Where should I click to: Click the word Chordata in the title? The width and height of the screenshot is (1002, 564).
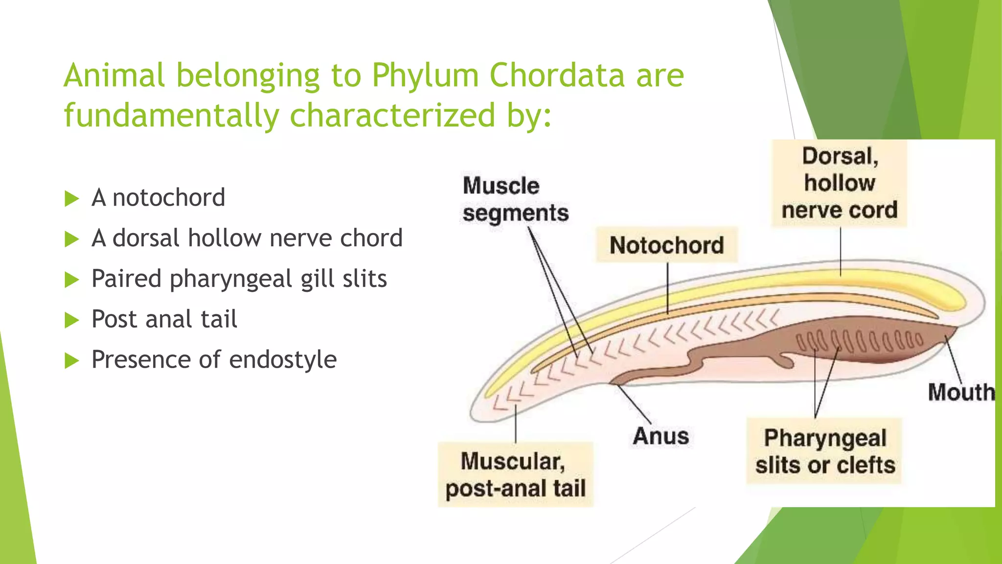(x=557, y=75)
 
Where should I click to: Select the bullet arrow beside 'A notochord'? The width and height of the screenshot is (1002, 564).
(x=72, y=199)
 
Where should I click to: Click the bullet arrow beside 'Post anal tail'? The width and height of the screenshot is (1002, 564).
(x=72, y=320)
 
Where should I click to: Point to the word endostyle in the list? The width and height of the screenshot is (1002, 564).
(x=283, y=360)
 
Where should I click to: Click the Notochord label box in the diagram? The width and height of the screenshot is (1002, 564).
(x=666, y=245)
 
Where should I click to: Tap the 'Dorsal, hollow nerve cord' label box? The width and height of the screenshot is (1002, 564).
(x=840, y=183)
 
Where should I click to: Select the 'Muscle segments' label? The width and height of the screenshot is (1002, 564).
(x=515, y=199)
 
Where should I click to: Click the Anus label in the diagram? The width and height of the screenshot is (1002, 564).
(x=660, y=436)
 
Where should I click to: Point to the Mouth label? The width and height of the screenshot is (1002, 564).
(x=961, y=392)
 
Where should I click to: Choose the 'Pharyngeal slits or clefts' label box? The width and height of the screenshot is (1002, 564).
(x=825, y=451)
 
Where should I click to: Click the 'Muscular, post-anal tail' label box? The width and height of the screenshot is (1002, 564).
(x=515, y=474)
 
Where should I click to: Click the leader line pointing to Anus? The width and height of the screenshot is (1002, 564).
(x=634, y=404)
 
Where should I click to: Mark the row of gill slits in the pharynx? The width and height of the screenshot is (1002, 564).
(x=859, y=341)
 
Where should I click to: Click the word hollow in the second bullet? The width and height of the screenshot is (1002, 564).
(x=225, y=238)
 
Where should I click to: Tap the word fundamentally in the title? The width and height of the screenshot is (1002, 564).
(x=171, y=116)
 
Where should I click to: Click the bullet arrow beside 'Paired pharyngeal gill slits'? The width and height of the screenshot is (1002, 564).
(x=72, y=280)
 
